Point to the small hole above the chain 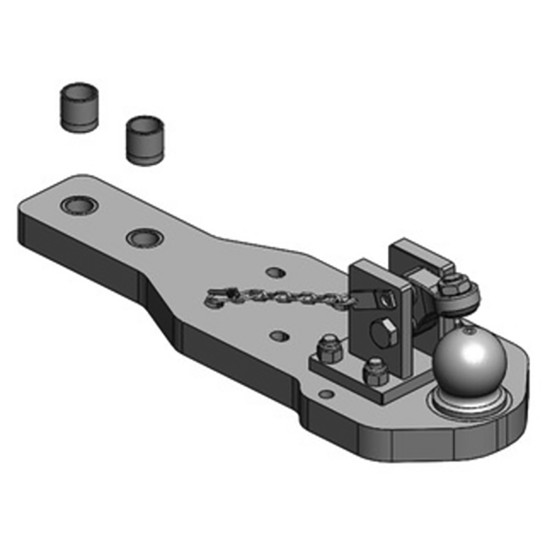[x=275, y=272]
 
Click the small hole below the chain [x=277, y=336]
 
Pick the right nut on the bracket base [x=373, y=371]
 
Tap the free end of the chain [x=217, y=296]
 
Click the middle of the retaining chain [x=286, y=296]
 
